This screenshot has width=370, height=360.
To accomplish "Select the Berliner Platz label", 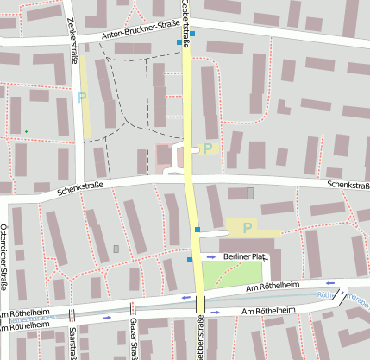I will point(244,256).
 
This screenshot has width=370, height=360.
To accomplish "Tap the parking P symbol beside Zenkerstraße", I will point(82,98).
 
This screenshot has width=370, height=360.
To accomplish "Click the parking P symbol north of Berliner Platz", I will point(248,228).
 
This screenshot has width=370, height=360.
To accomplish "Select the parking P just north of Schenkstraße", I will point(208,148).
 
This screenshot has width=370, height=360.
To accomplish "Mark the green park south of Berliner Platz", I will point(226,275).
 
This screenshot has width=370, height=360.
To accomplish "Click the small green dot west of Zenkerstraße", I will point(26,131).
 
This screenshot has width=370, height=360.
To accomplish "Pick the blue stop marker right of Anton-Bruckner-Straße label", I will point(192,34).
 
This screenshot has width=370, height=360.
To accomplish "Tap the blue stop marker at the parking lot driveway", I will point(198,230).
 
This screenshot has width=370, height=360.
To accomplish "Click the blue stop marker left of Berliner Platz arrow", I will point(190,259).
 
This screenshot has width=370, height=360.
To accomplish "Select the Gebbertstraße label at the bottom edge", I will point(199,342).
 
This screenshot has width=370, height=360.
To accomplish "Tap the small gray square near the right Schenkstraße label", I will point(251,193).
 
